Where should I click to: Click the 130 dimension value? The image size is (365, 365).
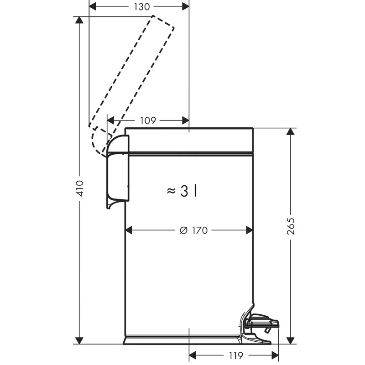pos(142,7)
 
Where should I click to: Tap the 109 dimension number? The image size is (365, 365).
pos(148,120)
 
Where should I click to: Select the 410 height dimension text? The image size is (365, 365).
pos(80,188)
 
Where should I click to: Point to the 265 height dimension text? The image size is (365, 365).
pos(291,226)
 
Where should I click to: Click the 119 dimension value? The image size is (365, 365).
pos(236,355)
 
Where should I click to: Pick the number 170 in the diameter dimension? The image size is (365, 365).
pos(200,230)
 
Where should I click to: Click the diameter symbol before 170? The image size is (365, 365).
pos(184,230)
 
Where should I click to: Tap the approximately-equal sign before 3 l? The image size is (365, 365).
pos(171,191)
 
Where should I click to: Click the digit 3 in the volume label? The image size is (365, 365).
pos(184,191)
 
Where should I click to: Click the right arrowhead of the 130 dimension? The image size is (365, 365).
pos(186,7)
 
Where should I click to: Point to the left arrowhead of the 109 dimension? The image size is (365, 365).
pos(110,120)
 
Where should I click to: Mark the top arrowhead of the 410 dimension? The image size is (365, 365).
pos(79,20)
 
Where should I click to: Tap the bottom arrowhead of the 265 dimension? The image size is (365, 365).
pos(290,340)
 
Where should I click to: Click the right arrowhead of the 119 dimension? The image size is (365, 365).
pos(275,355)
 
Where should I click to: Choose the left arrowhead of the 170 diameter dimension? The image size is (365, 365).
pos(129,230)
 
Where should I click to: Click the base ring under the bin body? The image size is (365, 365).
pos(182,340)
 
